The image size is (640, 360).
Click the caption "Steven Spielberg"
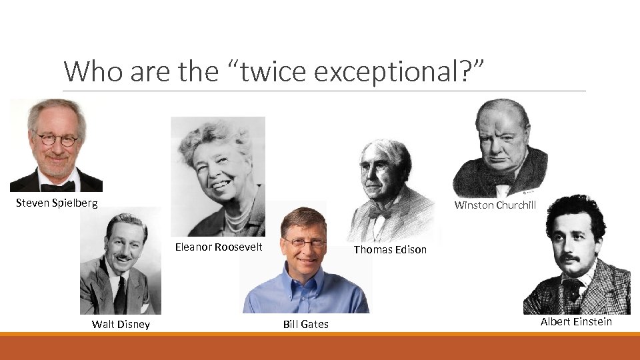point(57,203)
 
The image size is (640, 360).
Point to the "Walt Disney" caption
point(121,325)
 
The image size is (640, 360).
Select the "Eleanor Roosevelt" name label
point(219,247)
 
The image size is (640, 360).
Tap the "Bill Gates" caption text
point(305,325)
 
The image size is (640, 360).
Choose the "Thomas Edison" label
point(390,249)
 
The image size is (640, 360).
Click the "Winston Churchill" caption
point(495,205)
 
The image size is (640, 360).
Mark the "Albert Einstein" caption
point(576,321)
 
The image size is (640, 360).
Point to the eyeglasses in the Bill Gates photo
point(304,243)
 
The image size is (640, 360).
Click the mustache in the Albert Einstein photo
point(568,258)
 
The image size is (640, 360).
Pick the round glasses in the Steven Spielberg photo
point(57,140)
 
